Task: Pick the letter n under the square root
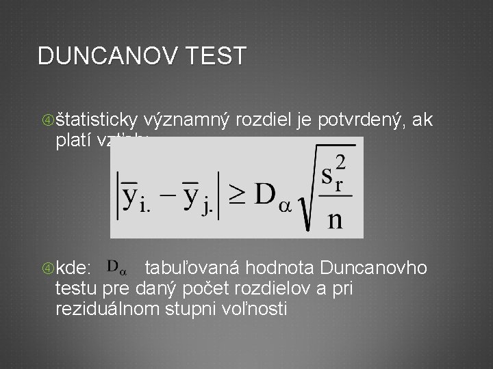[336, 220]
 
